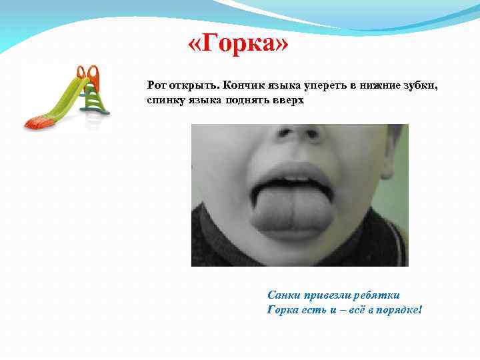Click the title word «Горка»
pos(239,46)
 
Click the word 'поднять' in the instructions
pos(247,99)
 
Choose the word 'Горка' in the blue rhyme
pos(283,310)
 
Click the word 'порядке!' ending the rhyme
pos(400,310)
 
